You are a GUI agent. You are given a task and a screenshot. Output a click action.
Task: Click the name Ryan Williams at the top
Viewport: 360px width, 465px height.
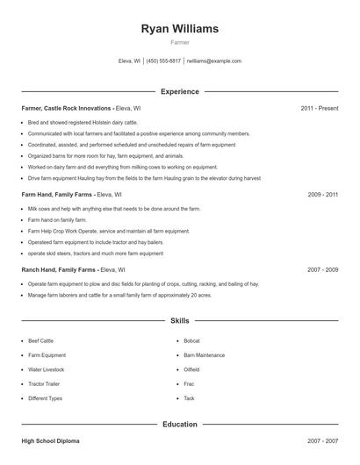click(179, 28)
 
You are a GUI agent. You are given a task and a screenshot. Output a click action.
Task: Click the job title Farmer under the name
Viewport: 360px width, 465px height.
click(179, 42)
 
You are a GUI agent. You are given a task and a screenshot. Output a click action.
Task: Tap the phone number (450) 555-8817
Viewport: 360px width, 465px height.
click(163, 61)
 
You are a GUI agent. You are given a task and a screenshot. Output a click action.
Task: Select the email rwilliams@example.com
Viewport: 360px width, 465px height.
click(214, 61)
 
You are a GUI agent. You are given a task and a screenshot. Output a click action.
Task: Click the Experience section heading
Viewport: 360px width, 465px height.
click(179, 91)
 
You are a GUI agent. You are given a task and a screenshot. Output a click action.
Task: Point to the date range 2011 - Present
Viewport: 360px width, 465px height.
click(319, 108)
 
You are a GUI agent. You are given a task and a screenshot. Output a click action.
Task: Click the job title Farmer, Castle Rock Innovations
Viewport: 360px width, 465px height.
click(67, 108)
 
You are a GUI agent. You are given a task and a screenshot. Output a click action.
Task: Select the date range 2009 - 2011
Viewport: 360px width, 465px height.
click(322, 194)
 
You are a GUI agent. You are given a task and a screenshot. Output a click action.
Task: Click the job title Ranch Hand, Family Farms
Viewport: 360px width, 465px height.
click(58, 270)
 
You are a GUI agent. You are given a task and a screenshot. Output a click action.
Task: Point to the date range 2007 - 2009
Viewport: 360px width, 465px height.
click(322, 270)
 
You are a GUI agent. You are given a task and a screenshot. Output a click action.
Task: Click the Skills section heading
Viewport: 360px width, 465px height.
click(179, 322)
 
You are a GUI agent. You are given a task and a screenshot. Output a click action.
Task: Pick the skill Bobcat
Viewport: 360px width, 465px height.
click(191, 340)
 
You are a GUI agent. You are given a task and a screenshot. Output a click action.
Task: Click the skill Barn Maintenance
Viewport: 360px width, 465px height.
click(204, 355)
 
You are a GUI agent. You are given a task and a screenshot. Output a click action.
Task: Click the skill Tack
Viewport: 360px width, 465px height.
click(189, 398)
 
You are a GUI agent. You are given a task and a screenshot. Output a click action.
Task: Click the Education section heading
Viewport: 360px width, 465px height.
click(179, 425)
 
